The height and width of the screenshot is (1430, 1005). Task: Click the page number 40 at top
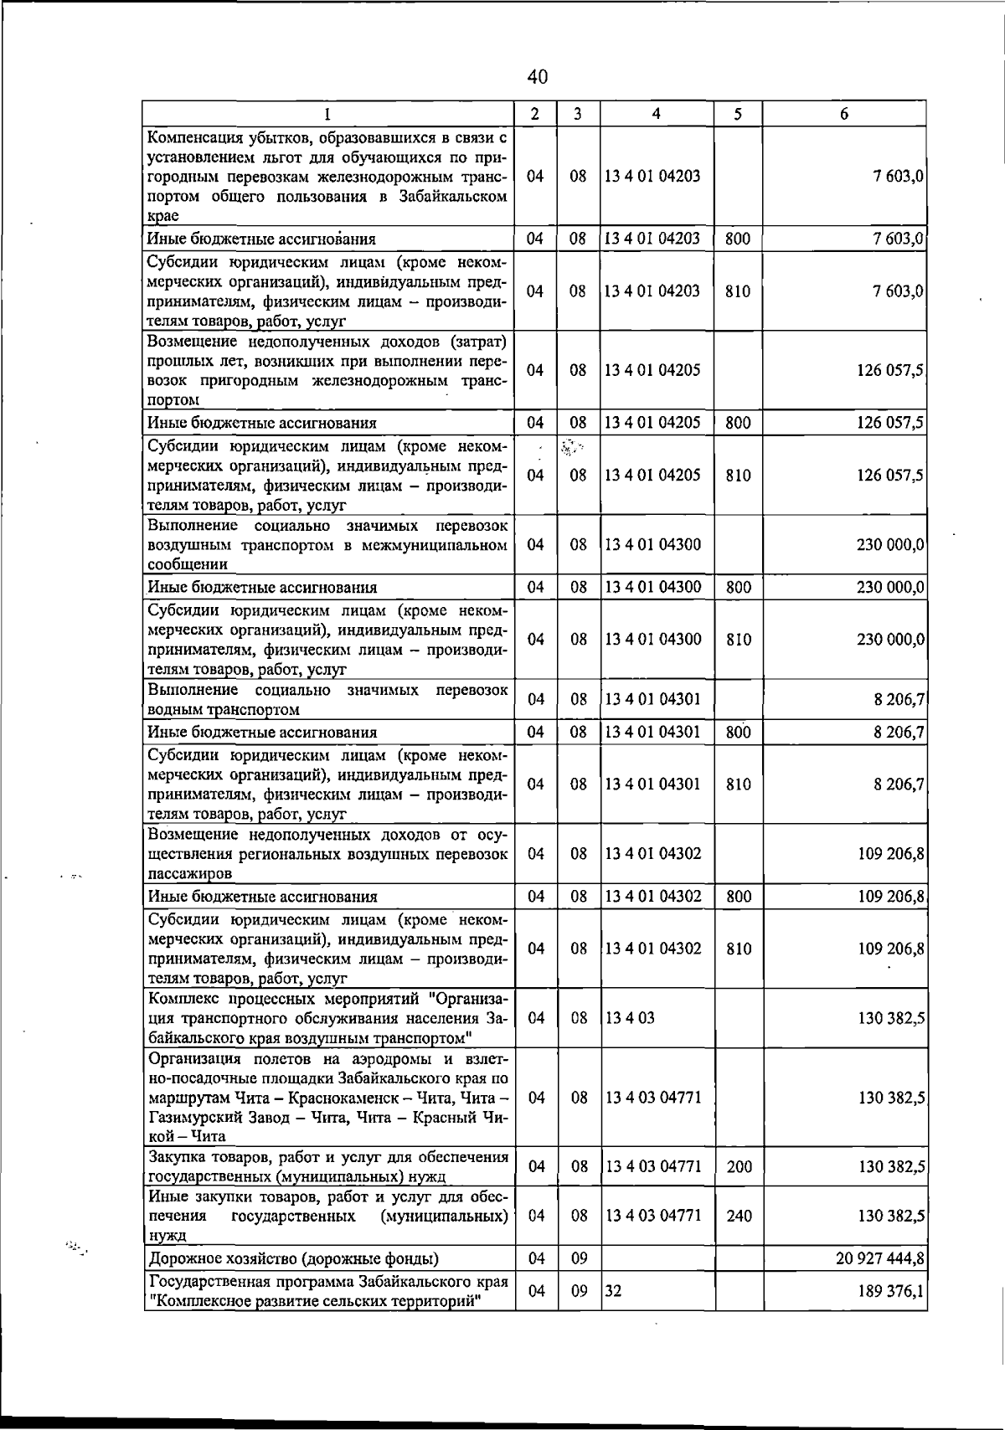tap(538, 77)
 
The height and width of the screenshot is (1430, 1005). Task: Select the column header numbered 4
tap(656, 114)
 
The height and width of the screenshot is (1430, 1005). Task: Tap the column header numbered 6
tap(844, 114)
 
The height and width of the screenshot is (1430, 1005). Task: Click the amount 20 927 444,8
tap(880, 1258)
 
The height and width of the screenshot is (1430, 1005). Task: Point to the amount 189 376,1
tap(891, 1291)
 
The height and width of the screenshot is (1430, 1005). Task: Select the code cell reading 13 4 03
tap(630, 1018)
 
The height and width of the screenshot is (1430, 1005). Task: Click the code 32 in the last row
tap(613, 1291)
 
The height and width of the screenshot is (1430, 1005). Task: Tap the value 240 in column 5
tap(739, 1216)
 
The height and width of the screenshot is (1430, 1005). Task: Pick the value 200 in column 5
tap(739, 1166)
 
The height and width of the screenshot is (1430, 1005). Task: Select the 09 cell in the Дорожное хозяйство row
tap(579, 1258)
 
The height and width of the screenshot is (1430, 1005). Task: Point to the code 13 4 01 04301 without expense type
tap(652, 699)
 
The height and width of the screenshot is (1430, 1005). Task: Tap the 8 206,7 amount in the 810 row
tap(899, 784)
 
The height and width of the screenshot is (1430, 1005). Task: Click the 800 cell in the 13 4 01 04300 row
tap(738, 587)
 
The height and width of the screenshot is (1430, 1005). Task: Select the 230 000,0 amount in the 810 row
tap(890, 640)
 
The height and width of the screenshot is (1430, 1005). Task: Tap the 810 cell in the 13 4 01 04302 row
tap(738, 949)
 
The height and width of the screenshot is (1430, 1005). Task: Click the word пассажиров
tap(189, 873)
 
